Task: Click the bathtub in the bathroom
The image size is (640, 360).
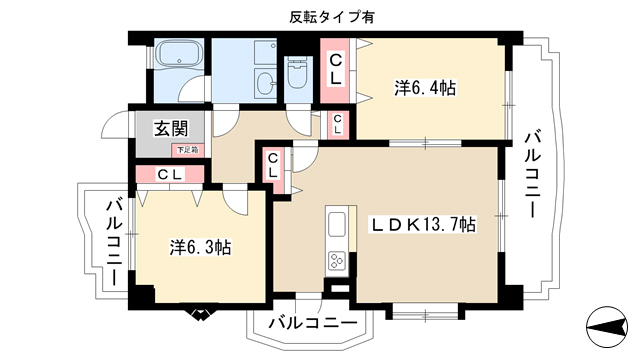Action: [179, 54]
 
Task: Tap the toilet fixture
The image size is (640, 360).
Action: [297, 73]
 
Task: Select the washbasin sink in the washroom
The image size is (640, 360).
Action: [266, 84]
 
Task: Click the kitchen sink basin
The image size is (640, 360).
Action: [337, 224]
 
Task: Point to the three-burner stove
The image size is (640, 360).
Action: [337, 260]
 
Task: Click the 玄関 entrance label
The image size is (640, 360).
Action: [171, 129]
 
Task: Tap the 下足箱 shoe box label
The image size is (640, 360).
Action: [187, 150]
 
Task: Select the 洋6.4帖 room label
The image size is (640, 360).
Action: [425, 88]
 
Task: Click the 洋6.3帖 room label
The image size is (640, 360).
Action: [200, 247]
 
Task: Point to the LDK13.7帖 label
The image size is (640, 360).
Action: [423, 224]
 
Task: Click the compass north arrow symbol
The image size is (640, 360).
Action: [607, 327]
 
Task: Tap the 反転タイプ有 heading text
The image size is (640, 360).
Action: [332, 17]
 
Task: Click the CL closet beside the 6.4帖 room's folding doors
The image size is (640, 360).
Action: [335, 71]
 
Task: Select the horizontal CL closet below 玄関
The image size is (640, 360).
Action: [170, 174]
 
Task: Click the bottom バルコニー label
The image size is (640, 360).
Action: [313, 323]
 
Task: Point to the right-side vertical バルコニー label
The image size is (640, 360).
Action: [533, 175]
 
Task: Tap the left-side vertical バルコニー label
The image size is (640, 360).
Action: [114, 242]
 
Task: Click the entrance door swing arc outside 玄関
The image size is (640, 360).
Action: [116, 124]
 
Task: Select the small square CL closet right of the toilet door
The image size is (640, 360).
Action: [337, 124]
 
